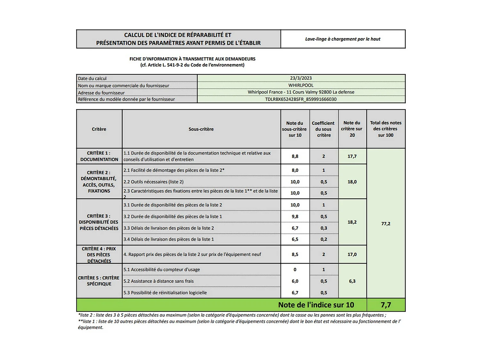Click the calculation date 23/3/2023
301,78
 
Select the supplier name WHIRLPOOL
301,85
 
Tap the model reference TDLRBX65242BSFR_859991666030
301,99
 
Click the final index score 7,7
386,305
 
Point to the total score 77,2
386,224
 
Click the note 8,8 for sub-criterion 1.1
295,156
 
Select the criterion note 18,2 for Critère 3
352,222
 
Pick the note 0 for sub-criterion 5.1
295,269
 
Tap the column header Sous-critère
201,129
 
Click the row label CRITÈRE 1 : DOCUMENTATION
99,156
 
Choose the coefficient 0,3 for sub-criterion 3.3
324,228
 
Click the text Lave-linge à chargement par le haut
343,39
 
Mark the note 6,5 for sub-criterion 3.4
295,239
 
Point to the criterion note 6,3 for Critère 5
352,281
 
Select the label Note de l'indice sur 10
316,305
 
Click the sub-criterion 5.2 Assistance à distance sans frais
159,281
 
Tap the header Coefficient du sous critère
324,129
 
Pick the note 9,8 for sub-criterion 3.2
295,217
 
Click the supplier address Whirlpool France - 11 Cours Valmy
301,92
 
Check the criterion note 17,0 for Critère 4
352,254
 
